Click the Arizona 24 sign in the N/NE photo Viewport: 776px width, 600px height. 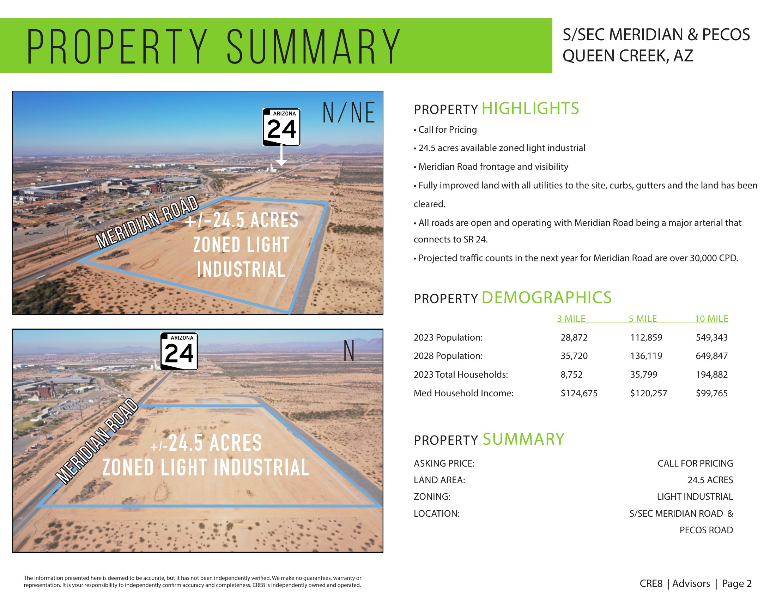point(281,127)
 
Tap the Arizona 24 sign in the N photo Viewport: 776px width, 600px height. point(179,351)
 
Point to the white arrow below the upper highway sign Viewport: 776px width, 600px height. point(281,156)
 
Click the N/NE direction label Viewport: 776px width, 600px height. point(348,113)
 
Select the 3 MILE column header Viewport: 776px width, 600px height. point(571,319)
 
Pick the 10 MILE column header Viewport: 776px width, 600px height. point(711,319)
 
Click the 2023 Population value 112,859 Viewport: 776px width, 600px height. point(646,337)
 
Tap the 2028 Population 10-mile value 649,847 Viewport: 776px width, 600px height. point(711,356)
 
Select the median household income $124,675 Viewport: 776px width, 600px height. point(579,393)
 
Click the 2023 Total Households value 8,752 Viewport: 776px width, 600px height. point(571,374)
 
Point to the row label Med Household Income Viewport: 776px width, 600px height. point(463,393)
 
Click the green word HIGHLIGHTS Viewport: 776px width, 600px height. point(530,108)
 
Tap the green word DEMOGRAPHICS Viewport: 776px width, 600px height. point(546,298)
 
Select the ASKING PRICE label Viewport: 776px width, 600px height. point(444,463)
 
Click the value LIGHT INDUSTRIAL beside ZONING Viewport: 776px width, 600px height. point(695,497)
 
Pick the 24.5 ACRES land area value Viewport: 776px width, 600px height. point(710,480)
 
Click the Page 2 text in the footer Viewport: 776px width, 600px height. point(736,584)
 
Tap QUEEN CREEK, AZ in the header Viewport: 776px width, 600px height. point(628,56)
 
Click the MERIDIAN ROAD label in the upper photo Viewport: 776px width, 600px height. point(147,222)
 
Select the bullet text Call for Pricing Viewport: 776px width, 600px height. point(447,130)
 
